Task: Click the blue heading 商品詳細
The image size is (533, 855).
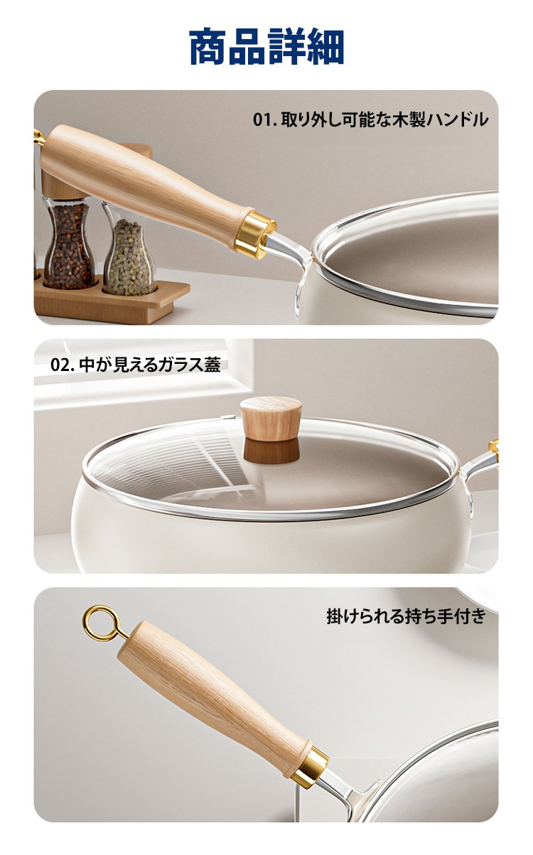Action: pyautogui.click(x=266, y=46)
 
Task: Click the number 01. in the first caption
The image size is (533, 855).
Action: pyautogui.click(x=265, y=120)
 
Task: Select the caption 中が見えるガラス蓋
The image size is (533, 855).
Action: pyautogui.click(x=150, y=365)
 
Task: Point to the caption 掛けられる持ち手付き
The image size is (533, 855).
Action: pyautogui.click(x=406, y=615)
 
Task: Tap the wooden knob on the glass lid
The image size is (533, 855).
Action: pyautogui.click(x=271, y=419)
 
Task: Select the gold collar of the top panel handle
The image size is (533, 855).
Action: pyautogui.click(x=254, y=233)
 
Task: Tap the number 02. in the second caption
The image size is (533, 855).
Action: pyautogui.click(x=62, y=365)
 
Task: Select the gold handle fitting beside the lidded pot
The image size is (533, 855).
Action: pyautogui.click(x=493, y=450)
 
